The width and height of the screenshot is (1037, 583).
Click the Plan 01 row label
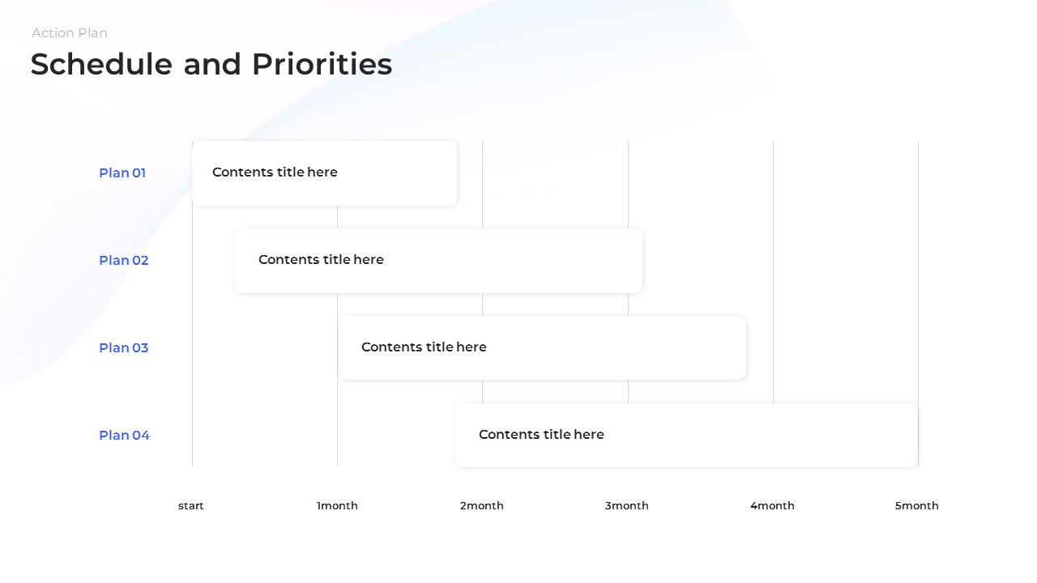click(x=122, y=172)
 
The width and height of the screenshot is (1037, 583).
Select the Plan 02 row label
click(x=124, y=260)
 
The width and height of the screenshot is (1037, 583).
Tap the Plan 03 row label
click(x=124, y=347)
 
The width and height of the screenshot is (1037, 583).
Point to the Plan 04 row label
click(x=124, y=435)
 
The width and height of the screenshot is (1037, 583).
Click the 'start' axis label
click(x=191, y=506)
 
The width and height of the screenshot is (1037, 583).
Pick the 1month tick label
click(x=337, y=506)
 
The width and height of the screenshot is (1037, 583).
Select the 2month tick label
click(x=482, y=506)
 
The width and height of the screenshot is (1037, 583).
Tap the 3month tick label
click(x=627, y=506)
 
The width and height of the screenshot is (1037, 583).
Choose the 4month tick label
click(x=772, y=506)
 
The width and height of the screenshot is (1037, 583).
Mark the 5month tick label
click(x=917, y=506)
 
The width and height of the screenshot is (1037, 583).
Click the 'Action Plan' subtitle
click(x=70, y=33)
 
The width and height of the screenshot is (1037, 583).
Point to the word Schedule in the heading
click(x=101, y=65)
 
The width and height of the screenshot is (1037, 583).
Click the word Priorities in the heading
click(x=322, y=65)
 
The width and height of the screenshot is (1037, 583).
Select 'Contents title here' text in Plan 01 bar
click(x=275, y=172)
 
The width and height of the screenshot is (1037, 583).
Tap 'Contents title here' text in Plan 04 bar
click(x=541, y=435)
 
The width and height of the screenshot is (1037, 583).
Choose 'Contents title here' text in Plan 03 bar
click(x=424, y=347)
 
